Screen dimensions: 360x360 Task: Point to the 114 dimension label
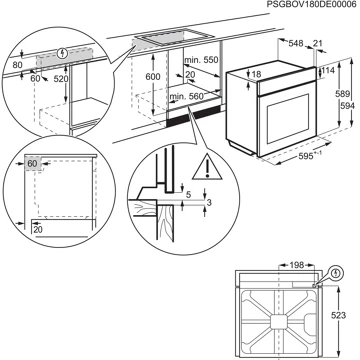[326, 71]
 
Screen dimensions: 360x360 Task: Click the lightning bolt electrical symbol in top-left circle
[63, 52]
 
